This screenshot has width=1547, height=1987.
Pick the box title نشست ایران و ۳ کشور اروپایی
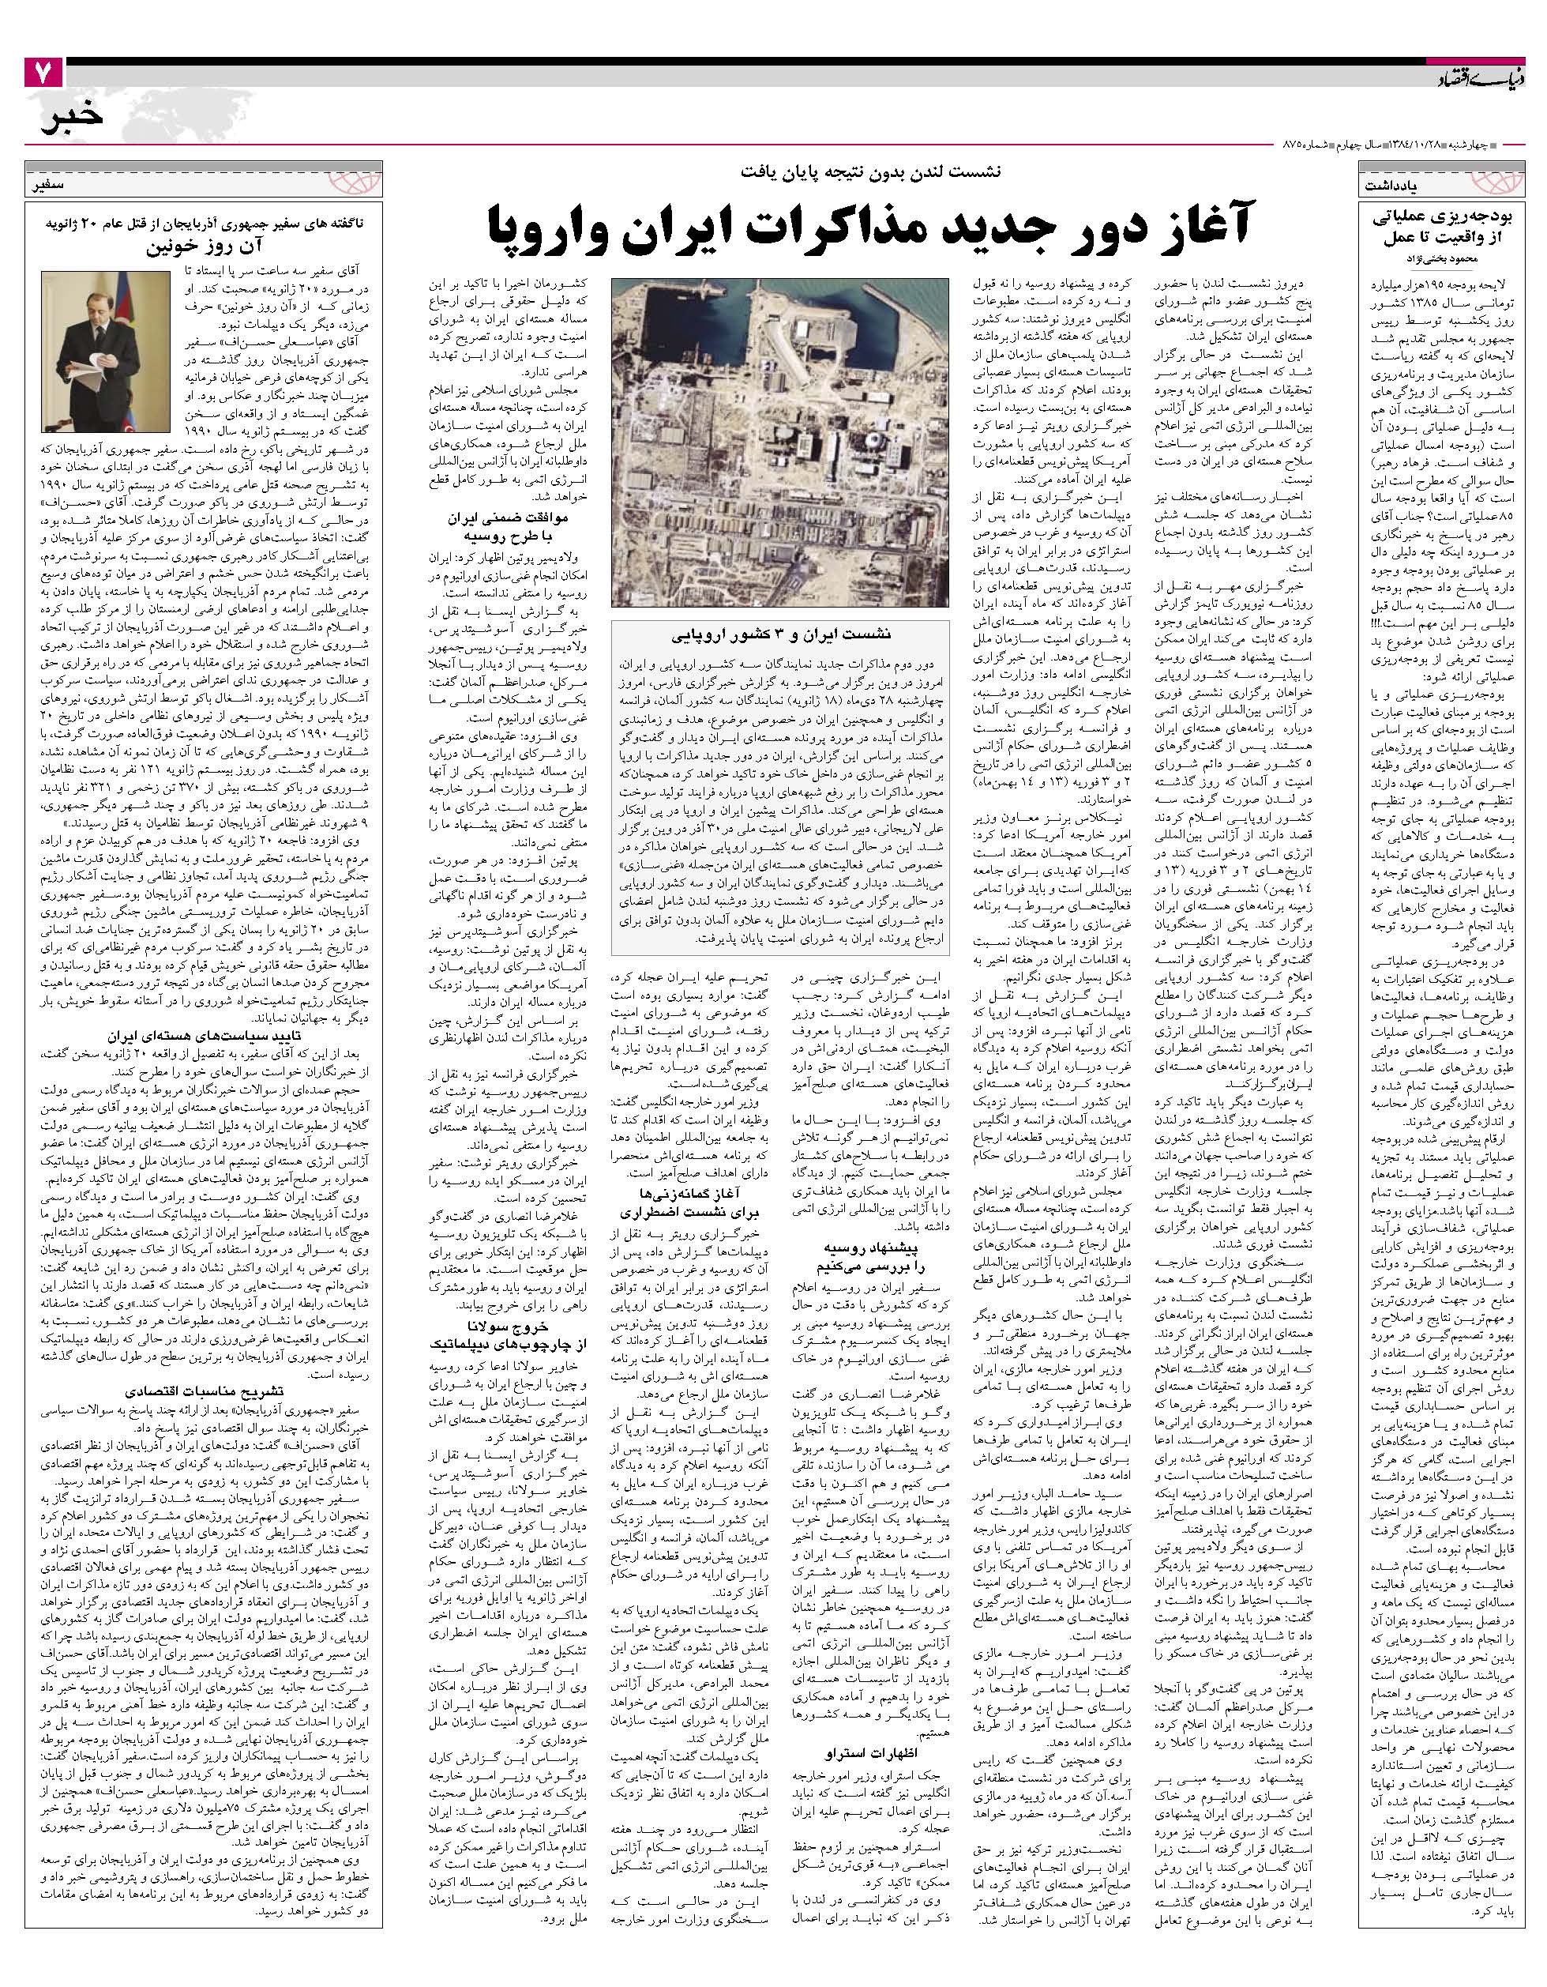(x=781, y=635)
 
